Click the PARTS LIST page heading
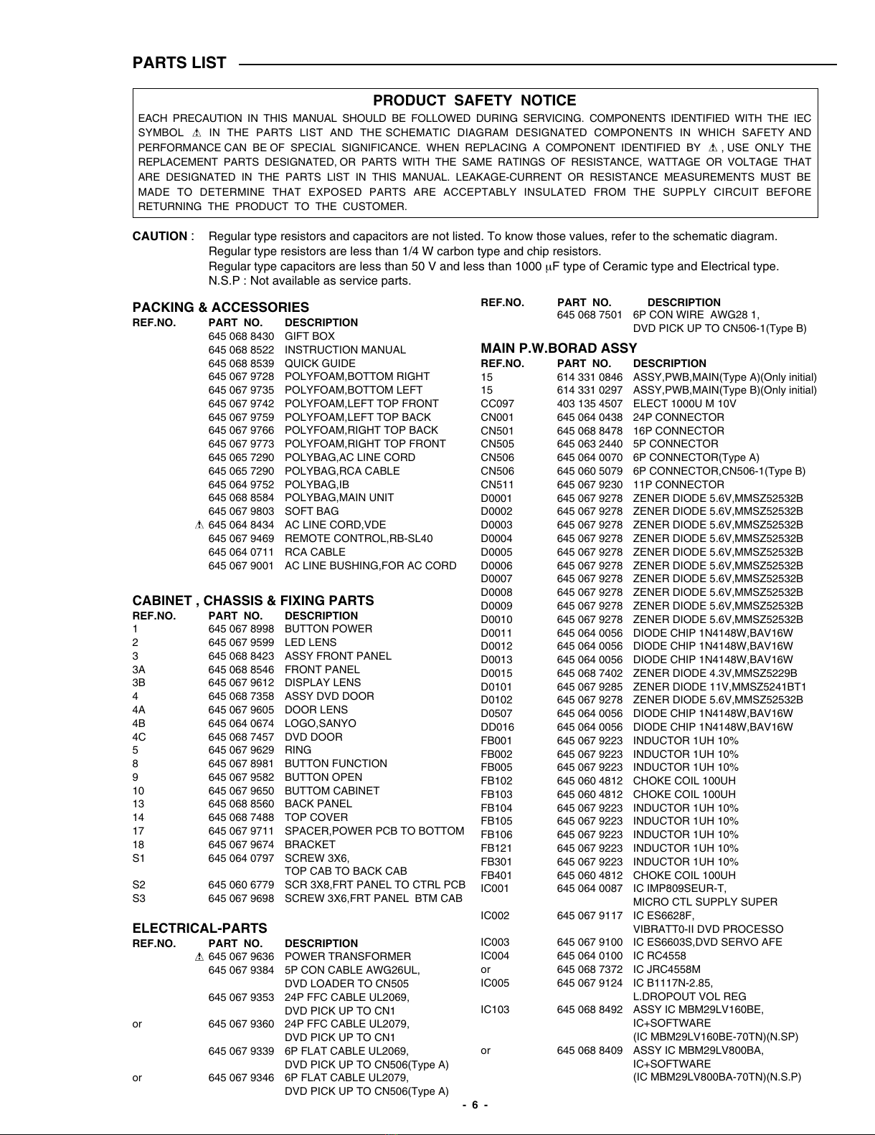(179, 63)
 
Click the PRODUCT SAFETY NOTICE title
(474, 101)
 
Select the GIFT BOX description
(310, 336)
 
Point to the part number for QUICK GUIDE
(241, 364)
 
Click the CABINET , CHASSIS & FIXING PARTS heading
(253, 601)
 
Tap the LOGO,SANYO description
(320, 723)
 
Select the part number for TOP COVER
(241, 817)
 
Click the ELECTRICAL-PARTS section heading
(199, 929)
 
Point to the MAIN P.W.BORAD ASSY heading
(559, 348)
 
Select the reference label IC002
(495, 916)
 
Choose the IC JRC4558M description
(666, 969)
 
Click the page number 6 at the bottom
(475, 1105)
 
